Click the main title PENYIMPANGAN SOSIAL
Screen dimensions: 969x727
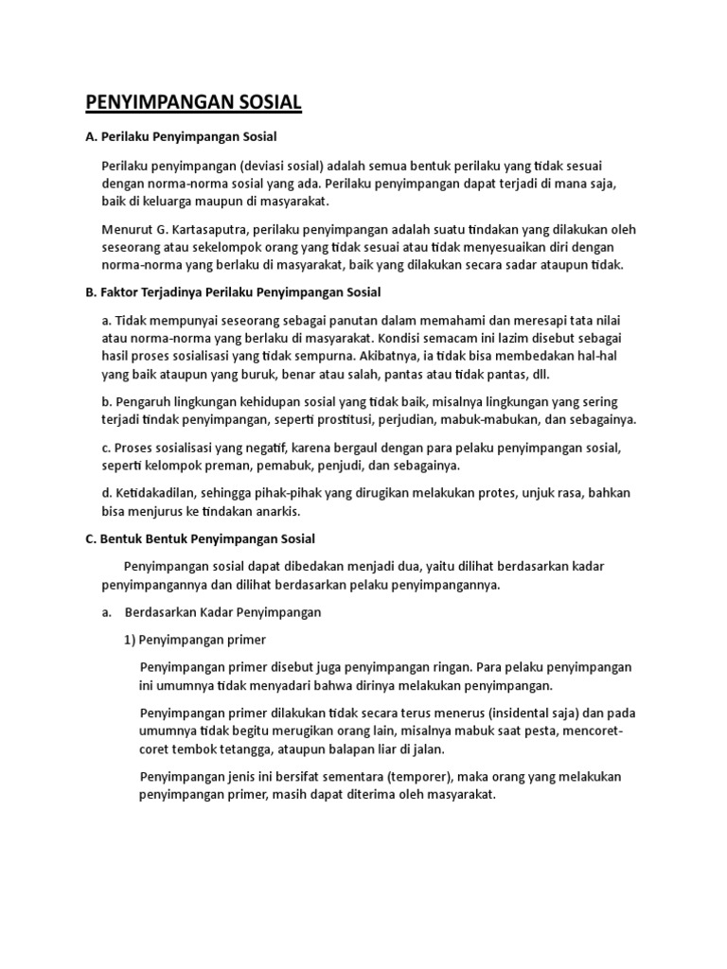tap(193, 102)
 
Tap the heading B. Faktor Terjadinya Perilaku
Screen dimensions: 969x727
tap(233, 291)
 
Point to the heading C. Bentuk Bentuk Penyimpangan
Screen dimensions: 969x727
tap(200, 538)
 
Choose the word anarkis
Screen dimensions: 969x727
tap(274, 511)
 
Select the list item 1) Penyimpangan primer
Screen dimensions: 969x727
tap(196, 639)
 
